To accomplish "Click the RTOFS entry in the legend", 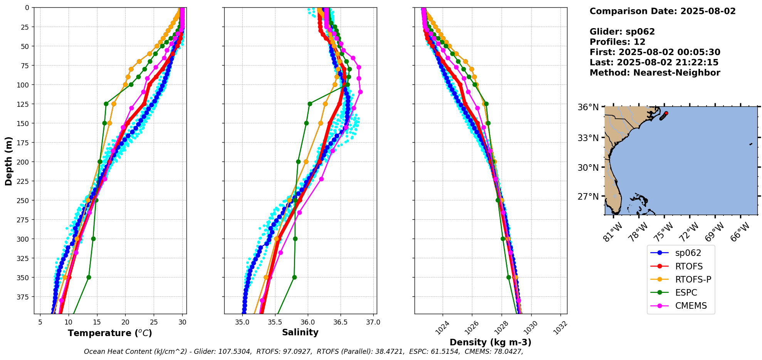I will (x=689, y=266).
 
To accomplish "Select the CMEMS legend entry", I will (x=691, y=306).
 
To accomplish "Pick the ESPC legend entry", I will (x=686, y=293).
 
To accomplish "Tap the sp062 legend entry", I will (x=688, y=253).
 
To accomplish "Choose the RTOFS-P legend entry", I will (x=693, y=279).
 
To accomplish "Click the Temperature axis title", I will (x=110, y=333).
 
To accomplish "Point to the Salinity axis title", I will (x=300, y=332).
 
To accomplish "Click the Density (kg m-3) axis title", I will (x=490, y=342).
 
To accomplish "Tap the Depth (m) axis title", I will (x=8, y=161).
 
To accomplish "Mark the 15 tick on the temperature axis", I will (x=97, y=322).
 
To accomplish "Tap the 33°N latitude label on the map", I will (x=588, y=138).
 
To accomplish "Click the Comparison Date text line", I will (x=663, y=11).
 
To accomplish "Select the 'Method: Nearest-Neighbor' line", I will (x=655, y=73).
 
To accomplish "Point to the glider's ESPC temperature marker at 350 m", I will (x=89, y=277).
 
